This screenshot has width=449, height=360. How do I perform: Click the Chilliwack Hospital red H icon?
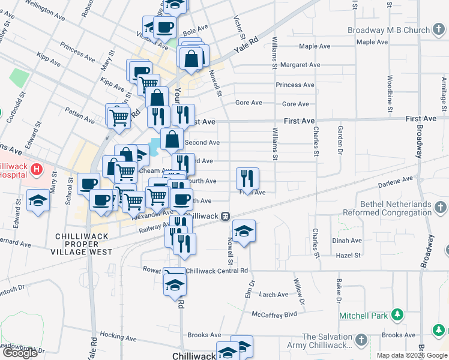38,170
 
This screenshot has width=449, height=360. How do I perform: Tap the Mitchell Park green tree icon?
396,314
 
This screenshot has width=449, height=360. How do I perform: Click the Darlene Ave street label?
396,179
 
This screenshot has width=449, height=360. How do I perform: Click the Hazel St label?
348,255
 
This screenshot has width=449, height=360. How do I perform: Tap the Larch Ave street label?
274,295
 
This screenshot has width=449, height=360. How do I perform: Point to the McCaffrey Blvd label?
275,314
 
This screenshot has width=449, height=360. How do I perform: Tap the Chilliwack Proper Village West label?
83,244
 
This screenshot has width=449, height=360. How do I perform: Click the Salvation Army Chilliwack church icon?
360,340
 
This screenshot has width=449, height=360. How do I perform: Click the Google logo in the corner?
20,353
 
